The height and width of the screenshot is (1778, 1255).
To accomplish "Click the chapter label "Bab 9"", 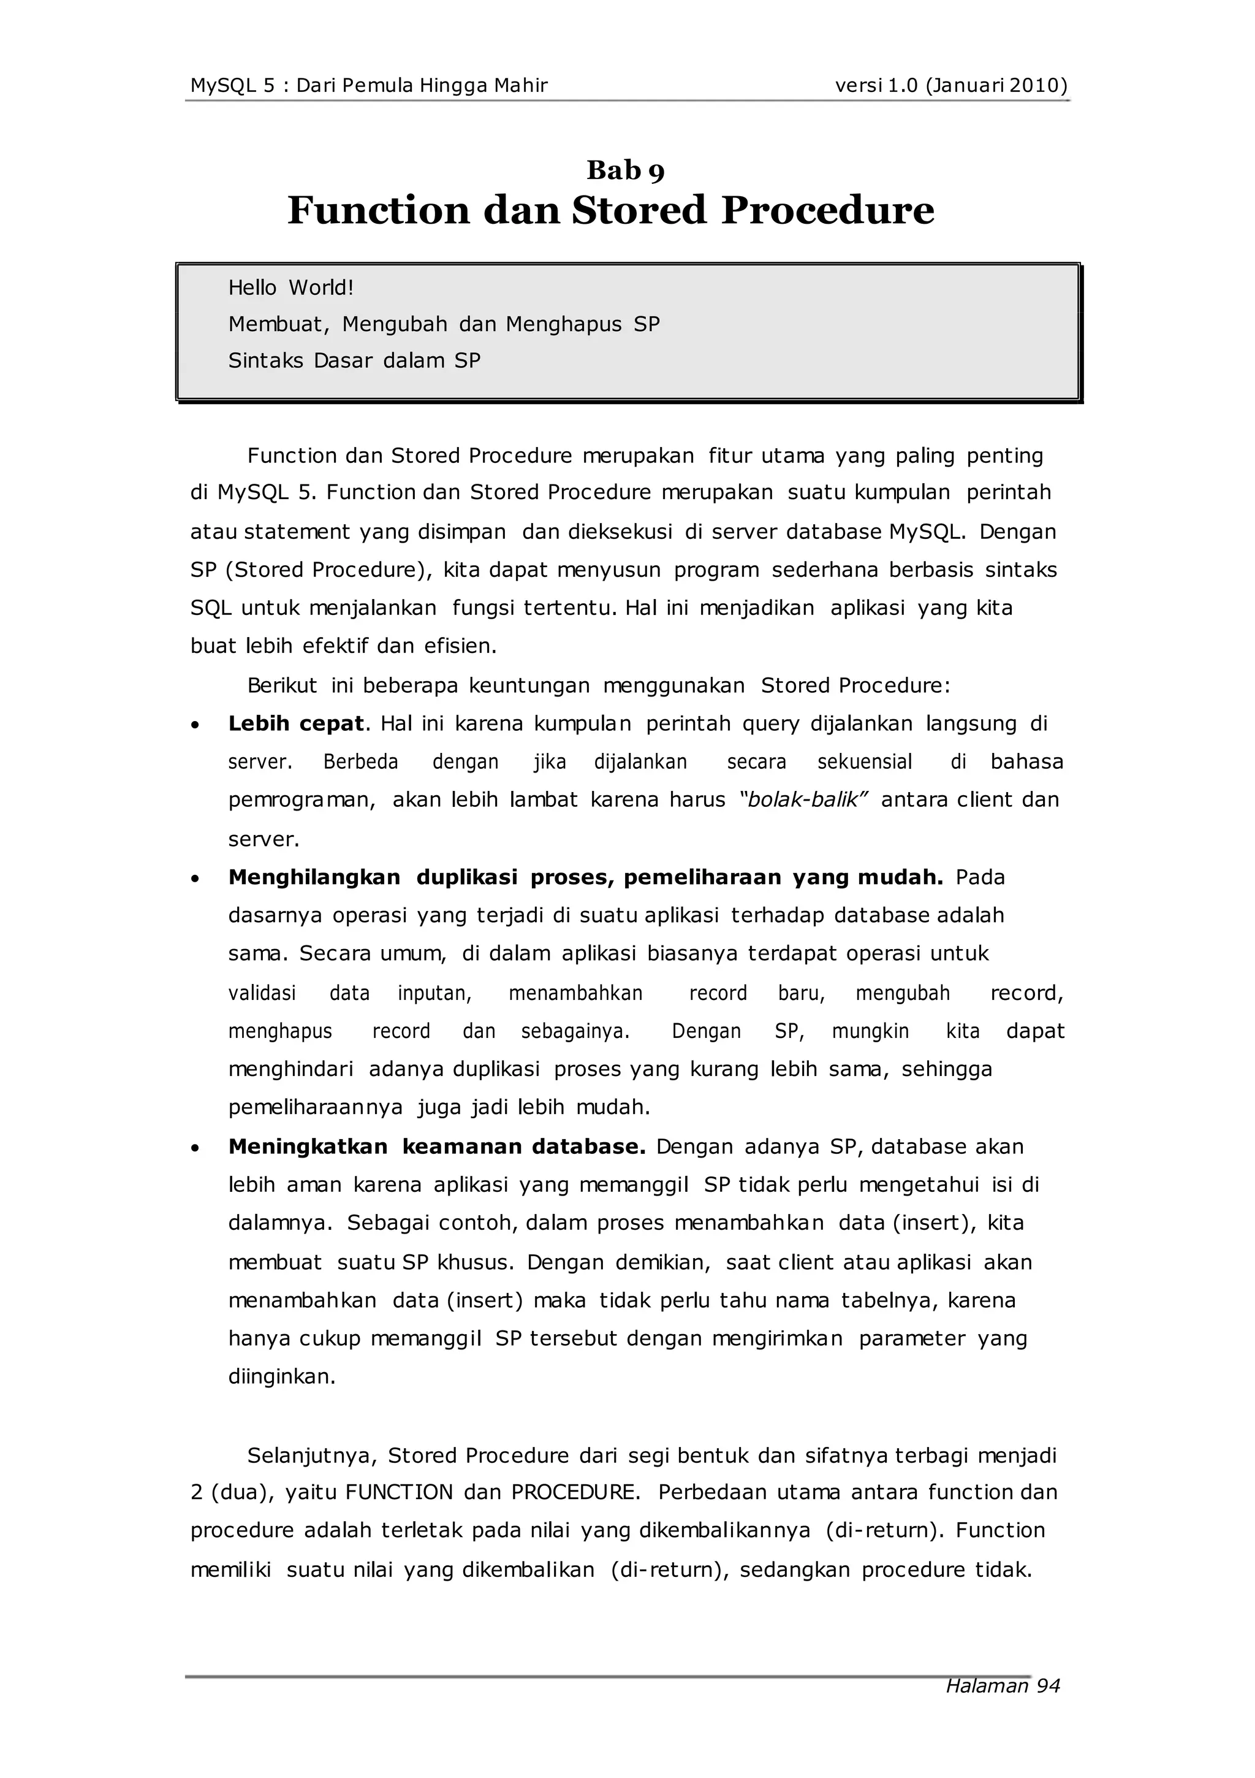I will [x=626, y=170].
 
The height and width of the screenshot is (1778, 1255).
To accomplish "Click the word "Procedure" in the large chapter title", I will [x=828, y=211].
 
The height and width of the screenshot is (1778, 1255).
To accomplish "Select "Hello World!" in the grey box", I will [x=290, y=288].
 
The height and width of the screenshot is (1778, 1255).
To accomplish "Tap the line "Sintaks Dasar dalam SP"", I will [x=354, y=361].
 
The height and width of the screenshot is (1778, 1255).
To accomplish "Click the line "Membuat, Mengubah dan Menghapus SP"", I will [x=444, y=324].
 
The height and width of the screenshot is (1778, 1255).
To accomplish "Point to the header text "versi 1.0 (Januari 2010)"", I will [x=950, y=85].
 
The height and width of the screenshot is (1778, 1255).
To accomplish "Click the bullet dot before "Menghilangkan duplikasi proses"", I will [x=196, y=879].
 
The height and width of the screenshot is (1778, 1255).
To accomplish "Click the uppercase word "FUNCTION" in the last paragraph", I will [x=399, y=1492].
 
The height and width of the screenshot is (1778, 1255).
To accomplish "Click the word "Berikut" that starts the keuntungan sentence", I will [x=282, y=685].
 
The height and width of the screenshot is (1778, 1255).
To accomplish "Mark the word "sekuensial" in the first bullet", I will [x=865, y=762].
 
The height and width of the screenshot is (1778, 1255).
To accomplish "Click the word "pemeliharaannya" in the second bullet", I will [x=315, y=1107].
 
